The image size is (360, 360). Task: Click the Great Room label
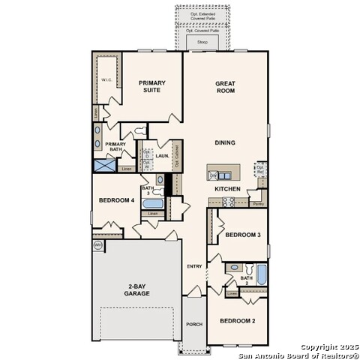(x=225, y=87)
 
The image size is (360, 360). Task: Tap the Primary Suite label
(x=151, y=87)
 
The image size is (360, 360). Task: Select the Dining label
(x=225, y=142)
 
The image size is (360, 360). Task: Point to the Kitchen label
(x=228, y=189)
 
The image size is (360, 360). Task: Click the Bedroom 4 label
(x=117, y=200)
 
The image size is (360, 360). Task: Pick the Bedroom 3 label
(x=243, y=235)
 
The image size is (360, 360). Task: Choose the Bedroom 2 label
(x=238, y=321)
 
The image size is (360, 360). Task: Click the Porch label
(x=194, y=324)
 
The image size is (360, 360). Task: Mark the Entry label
(x=194, y=266)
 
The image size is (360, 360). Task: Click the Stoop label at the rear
(x=202, y=43)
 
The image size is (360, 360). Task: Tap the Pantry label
(x=259, y=203)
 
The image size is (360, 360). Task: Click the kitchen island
(x=226, y=171)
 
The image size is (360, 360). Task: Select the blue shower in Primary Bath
(x=103, y=166)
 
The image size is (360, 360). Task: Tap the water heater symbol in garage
(x=97, y=245)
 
